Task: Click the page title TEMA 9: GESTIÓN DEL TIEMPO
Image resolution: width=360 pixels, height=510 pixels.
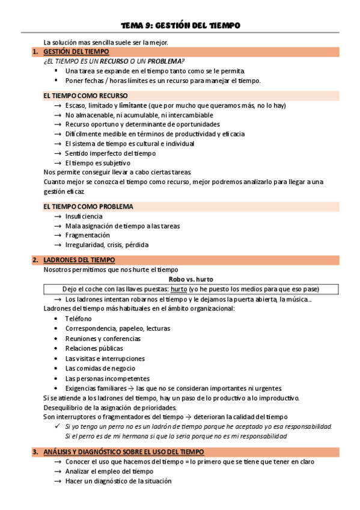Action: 180,25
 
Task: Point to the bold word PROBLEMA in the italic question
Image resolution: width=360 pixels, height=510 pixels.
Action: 164,62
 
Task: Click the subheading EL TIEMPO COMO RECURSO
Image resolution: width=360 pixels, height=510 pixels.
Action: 85,96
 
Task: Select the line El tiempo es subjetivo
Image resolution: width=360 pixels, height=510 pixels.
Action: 98,163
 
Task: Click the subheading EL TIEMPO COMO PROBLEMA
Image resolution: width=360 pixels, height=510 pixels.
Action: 88,206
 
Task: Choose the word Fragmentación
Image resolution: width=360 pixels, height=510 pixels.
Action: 88,235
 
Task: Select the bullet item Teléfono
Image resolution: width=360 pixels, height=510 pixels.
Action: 78,319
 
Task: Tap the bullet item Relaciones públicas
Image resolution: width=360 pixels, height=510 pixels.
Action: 94,348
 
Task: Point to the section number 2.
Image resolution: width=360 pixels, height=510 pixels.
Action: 35,260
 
